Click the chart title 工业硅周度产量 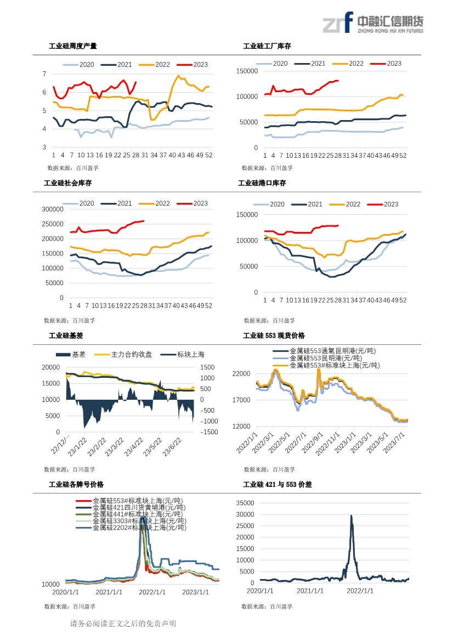coord(73,46)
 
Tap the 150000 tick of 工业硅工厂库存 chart coord(246,71)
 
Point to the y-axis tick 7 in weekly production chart coord(44,73)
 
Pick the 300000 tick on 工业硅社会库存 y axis coord(53,209)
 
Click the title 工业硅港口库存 coord(262,183)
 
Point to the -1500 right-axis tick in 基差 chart coord(209,432)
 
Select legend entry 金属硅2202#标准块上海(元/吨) coord(139,527)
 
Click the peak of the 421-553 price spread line coord(351,515)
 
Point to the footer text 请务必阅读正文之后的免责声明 coord(123,624)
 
